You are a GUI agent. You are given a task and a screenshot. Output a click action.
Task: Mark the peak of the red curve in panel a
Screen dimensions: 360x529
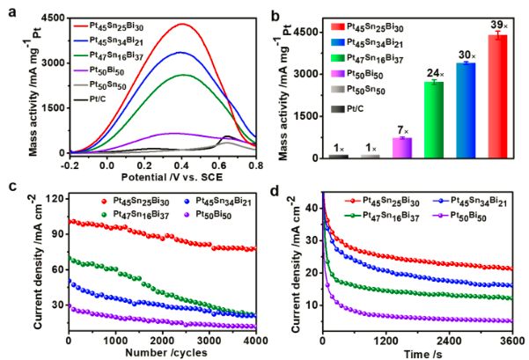(182, 24)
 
